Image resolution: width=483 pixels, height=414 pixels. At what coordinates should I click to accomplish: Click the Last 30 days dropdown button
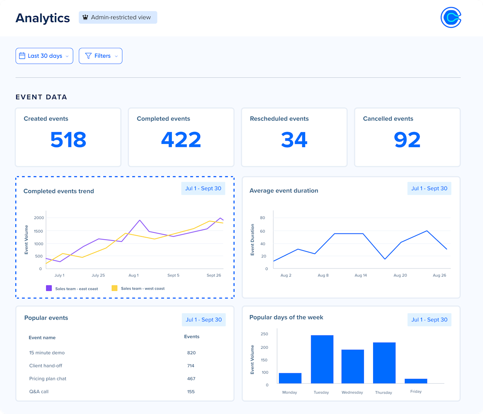click(x=44, y=56)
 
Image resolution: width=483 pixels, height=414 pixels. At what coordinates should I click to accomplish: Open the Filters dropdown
click(x=101, y=56)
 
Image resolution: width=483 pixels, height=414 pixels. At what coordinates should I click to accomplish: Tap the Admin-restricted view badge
click(x=118, y=17)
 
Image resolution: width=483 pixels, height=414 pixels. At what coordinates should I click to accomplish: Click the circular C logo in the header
click(x=451, y=17)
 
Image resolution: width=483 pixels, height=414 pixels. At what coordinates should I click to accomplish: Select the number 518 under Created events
click(x=68, y=140)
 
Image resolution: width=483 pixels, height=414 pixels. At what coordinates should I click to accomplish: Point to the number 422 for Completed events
click(x=181, y=140)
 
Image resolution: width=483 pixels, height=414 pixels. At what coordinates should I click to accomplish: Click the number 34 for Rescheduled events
click(x=294, y=140)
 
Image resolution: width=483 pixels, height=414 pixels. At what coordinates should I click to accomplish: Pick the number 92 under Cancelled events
click(x=407, y=140)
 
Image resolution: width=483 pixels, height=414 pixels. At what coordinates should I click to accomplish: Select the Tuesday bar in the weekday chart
click(x=322, y=359)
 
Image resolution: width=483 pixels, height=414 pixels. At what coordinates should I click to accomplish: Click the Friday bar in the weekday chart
click(x=416, y=381)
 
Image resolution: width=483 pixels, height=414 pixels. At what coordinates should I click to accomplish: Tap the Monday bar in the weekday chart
click(x=290, y=378)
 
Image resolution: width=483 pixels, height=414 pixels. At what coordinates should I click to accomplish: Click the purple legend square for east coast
click(x=49, y=288)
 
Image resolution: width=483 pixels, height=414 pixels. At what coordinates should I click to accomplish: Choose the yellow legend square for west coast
click(x=115, y=288)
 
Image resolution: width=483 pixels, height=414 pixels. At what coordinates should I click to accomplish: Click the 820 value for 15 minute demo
click(x=191, y=353)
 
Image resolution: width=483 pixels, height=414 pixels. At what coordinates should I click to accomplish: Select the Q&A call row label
click(x=39, y=391)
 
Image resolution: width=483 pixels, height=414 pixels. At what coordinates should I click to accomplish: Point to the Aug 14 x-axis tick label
click(x=361, y=275)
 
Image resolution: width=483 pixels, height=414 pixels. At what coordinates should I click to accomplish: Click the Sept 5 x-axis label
click(x=173, y=275)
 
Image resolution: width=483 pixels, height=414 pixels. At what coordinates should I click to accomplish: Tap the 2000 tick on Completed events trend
click(x=39, y=218)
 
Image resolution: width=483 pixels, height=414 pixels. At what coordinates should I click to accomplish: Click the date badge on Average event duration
click(x=429, y=188)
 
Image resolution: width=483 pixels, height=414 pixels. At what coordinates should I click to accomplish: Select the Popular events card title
click(x=46, y=318)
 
